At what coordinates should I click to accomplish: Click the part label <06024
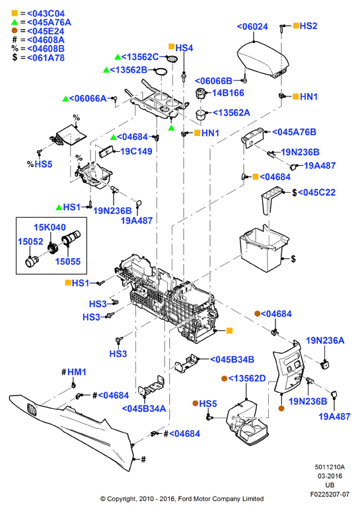[x=252, y=27]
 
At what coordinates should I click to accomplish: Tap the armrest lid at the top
[x=263, y=60]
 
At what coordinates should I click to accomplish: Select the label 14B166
[x=228, y=93]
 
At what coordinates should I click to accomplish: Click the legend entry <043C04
[x=46, y=14]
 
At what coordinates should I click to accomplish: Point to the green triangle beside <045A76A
[x=15, y=22]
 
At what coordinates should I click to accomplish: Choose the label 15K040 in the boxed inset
[x=50, y=227]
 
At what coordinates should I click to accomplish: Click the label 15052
[x=30, y=242]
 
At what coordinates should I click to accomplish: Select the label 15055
[x=68, y=261]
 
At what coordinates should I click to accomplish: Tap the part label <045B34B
[x=232, y=360]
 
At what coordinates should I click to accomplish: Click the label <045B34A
[x=144, y=409]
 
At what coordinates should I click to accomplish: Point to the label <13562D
[x=247, y=378]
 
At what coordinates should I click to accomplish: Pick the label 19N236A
[x=325, y=341]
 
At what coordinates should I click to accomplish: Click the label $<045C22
[x=314, y=192]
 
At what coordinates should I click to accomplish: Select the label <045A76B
[x=294, y=132]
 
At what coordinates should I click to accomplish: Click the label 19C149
[x=136, y=151]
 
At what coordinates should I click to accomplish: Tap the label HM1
[x=77, y=372]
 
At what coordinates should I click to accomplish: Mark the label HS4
[x=184, y=48]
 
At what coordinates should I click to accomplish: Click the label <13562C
[x=140, y=57]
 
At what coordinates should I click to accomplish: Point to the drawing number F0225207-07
[x=330, y=494]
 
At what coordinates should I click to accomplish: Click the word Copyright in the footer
[x=122, y=499]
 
